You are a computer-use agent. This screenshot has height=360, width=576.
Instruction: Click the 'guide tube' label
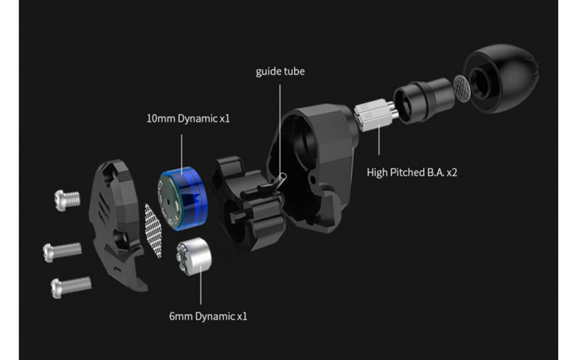(280, 71)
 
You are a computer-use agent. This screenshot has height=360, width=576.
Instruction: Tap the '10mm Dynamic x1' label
(188, 118)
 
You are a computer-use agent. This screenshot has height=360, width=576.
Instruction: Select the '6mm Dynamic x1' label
(208, 316)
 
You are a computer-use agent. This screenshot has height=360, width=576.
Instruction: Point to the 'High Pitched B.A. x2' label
(412, 172)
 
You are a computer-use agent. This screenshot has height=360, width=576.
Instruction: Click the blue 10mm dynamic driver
(183, 199)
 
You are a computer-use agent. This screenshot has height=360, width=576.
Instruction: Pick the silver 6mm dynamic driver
(194, 256)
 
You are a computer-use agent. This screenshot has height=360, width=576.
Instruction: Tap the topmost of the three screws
(67, 200)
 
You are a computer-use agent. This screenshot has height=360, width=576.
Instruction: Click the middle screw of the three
(62, 251)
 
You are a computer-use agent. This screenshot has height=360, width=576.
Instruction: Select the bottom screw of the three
(71, 286)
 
